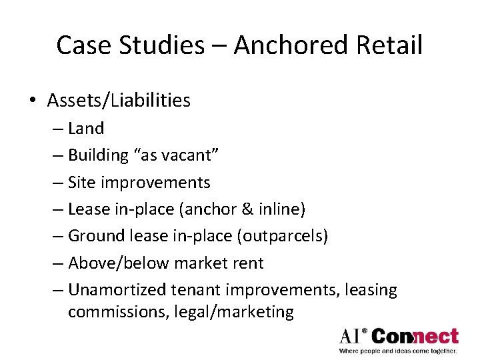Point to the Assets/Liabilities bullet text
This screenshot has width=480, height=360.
click(x=119, y=101)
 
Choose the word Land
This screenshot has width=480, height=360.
click(x=86, y=128)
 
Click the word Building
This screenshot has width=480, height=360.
click(x=98, y=155)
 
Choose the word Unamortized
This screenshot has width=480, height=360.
click(x=117, y=290)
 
